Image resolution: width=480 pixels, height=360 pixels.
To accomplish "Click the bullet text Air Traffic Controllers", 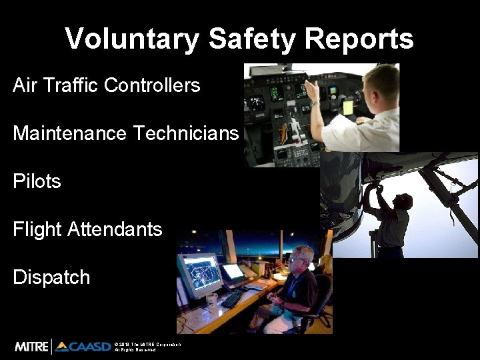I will pyautogui.click(x=107, y=85).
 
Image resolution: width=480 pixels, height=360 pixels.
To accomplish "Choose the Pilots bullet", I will pyautogui.click(x=37, y=181).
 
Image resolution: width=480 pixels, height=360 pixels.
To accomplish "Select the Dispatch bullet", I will pyautogui.click(x=51, y=277).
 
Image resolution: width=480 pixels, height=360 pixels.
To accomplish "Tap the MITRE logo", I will pyautogui.click(x=32, y=347).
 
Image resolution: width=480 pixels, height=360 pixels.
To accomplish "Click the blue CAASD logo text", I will pyautogui.click(x=90, y=347).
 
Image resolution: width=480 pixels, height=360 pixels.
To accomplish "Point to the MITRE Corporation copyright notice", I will pyautogui.click(x=147, y=347).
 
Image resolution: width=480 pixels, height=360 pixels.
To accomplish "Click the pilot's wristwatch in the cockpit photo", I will pyautogui.click(x=314, y=103).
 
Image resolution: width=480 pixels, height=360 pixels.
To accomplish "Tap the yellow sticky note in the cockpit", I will pyautogui.click(x=347, y=107).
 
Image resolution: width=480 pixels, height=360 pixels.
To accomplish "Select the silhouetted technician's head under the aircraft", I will pyautogui.click(x=402, y=201).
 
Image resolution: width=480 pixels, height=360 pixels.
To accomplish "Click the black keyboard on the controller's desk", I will pyautogui.click(x=233, y=299).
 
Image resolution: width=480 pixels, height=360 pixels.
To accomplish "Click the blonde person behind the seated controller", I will pyautogui.click(x=326, y=265).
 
